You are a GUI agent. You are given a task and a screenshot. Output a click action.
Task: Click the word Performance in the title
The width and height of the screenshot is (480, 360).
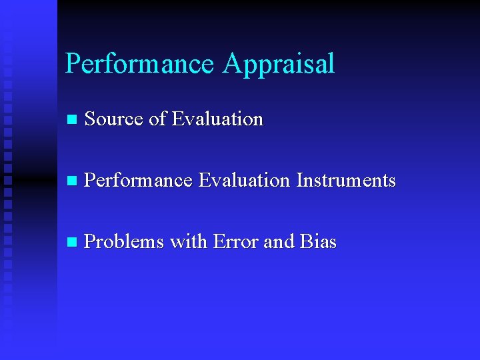pos(139,64)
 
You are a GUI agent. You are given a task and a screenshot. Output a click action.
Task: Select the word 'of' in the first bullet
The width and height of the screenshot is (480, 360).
pos(157,119)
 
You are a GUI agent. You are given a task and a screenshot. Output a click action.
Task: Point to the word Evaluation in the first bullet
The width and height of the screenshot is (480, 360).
pos(217,119)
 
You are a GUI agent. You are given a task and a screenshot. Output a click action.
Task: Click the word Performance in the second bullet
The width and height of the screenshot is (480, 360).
pos(139,181)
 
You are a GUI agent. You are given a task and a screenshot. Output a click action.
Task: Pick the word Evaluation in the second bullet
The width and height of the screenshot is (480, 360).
pos(245,181)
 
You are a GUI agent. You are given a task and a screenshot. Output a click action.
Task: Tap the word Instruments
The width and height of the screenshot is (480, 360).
pos(346,181)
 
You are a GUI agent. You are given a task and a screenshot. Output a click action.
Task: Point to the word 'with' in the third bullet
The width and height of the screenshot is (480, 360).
pos(189,242)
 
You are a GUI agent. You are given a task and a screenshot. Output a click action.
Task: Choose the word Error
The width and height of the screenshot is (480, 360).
pos(236,242)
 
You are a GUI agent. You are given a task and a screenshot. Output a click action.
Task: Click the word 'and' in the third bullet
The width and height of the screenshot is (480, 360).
pos(279,242)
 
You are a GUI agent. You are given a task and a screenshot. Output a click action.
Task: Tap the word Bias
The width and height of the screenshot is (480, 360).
pos(318,242)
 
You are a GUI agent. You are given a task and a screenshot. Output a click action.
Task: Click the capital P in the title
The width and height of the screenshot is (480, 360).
pos(73,64)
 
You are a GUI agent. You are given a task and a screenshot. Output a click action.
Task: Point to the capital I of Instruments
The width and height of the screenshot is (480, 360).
pos(299,181)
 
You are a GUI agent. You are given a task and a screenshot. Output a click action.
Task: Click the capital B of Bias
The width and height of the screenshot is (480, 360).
pos(305,242)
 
